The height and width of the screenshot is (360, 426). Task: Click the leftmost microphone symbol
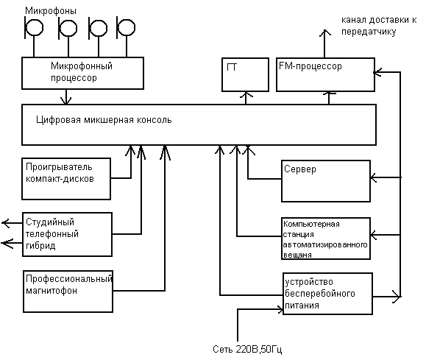(34, 27)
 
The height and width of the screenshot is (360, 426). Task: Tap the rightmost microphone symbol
(126, 27)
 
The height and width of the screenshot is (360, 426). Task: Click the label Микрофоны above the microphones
(51, 11)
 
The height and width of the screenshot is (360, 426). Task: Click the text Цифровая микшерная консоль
(104, 120)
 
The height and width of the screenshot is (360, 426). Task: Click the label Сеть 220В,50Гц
(247, 349)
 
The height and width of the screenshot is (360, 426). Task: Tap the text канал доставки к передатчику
(379, 26)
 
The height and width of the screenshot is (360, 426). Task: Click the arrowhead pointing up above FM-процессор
(324, 32)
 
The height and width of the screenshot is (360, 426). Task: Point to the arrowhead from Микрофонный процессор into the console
(65, 101)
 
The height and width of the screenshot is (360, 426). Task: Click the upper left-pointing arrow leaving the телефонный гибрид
(13, 223)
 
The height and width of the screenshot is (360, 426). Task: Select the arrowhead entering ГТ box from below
(246, 95)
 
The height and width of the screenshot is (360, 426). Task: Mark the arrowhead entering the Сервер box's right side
(374, 177)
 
